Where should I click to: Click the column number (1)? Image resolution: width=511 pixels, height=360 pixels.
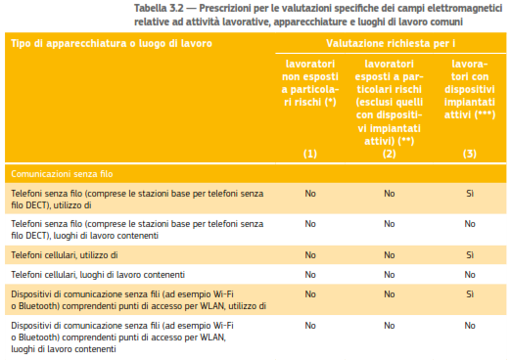pyautogui.click(x=309, y=155)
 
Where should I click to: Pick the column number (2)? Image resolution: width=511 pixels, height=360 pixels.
pyautogui.click(x=389, y=155)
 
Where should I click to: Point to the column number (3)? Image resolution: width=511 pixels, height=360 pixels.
pyautogui.click(x=469, y=155)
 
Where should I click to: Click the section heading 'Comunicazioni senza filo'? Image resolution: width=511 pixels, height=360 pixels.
pyautogui.click(x=63, y=174)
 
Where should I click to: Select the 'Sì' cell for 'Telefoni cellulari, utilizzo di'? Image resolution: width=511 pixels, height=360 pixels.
pyautogui.click(x=469, y=254)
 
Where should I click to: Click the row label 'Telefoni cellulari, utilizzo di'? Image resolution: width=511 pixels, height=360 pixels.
pyautogui.click(x=65, y=254)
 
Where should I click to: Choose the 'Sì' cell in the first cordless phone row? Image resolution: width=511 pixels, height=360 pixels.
pyautogui.click(x=469, y=194)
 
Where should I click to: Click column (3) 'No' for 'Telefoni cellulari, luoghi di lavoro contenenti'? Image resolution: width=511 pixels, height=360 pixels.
pyautogui.click(x=469, y=274)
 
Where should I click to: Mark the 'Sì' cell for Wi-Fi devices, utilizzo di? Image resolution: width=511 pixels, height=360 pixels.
pyautogui.click(x=469, y=293)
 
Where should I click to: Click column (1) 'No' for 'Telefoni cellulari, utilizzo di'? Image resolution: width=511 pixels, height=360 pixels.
pyautogui.click(x=309, y=254)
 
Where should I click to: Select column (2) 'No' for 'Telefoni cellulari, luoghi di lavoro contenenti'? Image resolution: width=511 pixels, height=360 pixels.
pyautogui.click(x=389, y=274)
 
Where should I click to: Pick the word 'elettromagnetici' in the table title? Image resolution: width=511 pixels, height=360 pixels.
pyautogui.click(x=463, y=7)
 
